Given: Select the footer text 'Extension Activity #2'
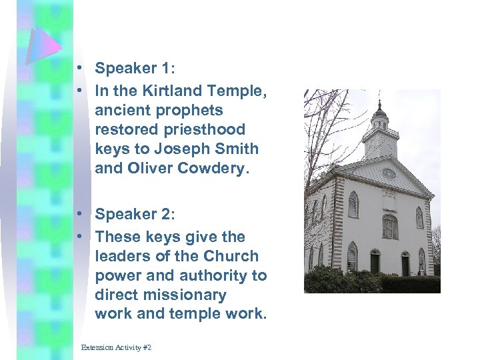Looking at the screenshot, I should coord(116,348).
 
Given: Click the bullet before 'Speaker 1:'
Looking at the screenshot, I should coord(79,69).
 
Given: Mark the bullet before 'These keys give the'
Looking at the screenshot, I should coord(79,237).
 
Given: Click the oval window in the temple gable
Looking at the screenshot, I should coord(389,173).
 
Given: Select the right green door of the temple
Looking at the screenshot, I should coord(405,264).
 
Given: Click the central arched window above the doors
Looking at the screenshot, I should coord(389,227).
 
